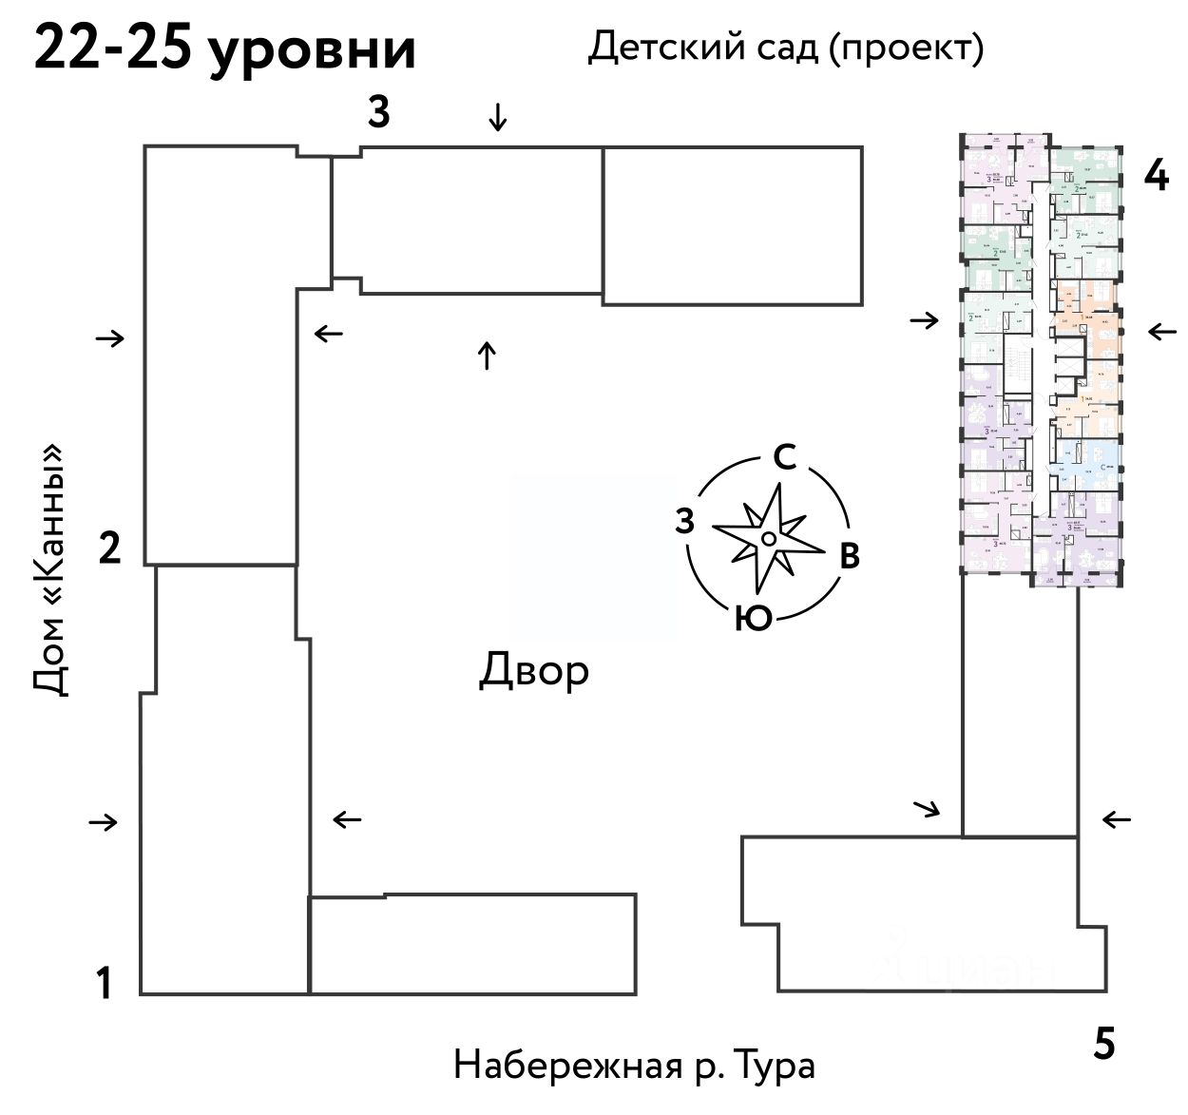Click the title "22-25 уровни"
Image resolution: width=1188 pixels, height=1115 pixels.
click(x=224, y=48)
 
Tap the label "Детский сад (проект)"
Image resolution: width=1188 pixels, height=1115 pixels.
click(x=785, y=46)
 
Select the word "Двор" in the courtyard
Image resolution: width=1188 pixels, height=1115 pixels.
click(x=533, y=671)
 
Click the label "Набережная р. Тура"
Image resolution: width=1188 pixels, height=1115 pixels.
click(x=634, y=1065)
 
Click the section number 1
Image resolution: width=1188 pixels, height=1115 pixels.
click(x=105, y=983)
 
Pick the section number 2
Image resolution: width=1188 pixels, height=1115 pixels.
click(x=110, y=548)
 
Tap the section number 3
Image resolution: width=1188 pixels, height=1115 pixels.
click(x=378, y=113)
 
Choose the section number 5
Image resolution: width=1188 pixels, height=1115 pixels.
click(x=1103, y=1045)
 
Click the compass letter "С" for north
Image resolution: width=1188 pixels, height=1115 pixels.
click(x=784, y=458)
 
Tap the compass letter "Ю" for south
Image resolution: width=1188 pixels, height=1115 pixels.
click(x=753, y=619)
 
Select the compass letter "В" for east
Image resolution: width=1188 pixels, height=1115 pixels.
click(x=849, y=556)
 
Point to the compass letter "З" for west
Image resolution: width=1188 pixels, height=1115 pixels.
click(x=684, y=522)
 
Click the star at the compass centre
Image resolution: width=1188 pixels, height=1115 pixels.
click(x=768, y=539)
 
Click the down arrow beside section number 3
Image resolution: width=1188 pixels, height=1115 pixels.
click(x=497, y=118)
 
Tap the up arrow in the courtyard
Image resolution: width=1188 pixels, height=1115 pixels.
click(x=487, y=356)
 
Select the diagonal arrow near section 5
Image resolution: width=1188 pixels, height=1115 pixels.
click(x=927, y=809)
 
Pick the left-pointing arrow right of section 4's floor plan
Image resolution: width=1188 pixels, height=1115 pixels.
click(x=1161, y=332)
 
